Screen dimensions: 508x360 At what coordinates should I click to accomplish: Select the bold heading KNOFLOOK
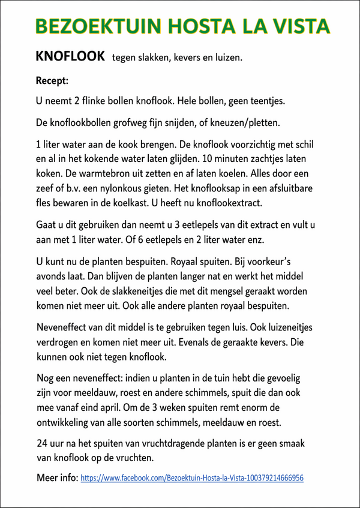[71, 57]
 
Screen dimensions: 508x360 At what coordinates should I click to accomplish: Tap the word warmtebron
[106, 175]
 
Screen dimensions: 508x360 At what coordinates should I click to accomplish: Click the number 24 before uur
[43, 444]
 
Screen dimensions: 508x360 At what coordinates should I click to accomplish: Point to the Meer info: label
[57, 479]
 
